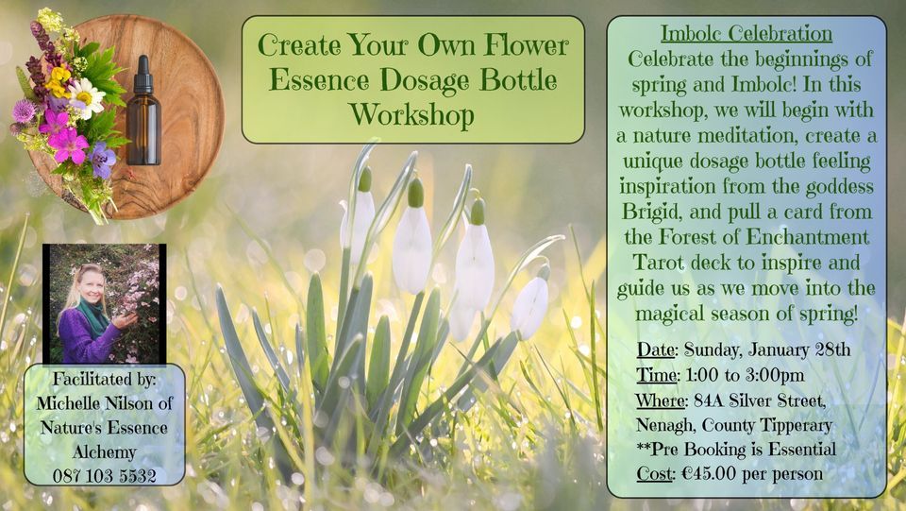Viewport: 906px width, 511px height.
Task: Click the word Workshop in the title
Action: tap(411, 115)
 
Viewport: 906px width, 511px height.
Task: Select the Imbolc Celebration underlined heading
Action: tap(746, 34)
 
